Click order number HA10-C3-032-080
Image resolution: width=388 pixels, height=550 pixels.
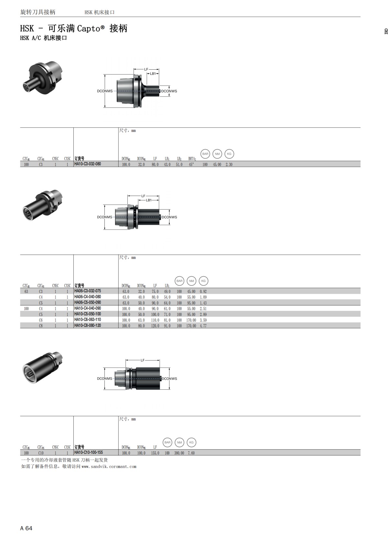[x=88, y=164]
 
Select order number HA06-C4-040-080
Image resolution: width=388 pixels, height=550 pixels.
[x=88, y=297]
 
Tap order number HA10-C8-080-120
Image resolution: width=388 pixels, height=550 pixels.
[x=88, y=325]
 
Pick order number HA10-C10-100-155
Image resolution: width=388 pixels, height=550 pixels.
[x=89, y=453]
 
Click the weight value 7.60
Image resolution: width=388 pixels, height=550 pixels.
[x=191, y=453]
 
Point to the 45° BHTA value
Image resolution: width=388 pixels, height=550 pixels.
[x=191, y=165]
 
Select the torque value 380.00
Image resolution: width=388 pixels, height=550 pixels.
[x=179, y=453]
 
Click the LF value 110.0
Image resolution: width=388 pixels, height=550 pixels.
[x=155, y=320]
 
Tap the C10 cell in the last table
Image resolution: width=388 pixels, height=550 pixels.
[x=41, y=453]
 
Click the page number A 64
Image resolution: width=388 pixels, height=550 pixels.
[x=26, y=528]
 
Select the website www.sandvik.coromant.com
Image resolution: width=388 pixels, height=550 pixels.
[x=109, y=466]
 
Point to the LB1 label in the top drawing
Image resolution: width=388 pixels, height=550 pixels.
[x=153, y=74]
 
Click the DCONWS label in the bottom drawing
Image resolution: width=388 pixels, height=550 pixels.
[x=169, y=379]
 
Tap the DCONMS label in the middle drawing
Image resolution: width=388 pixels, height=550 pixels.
[x=105, y=217]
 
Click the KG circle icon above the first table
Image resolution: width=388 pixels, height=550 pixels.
[x=229, y=154]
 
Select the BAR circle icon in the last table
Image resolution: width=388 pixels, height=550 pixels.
[x=167, y=442]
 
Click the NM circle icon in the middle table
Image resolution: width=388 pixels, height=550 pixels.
[x=191, y=281]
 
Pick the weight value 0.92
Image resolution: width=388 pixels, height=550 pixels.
[x=203, y=292]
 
